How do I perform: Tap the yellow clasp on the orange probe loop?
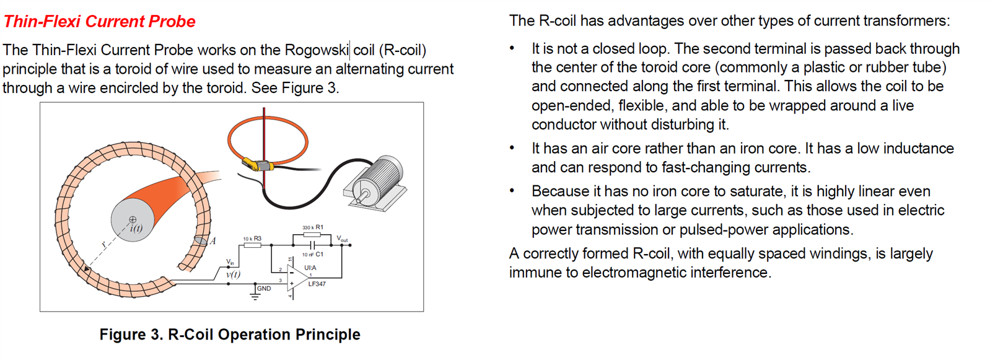pos(256,165)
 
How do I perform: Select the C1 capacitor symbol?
pos(313,245)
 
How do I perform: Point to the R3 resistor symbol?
pos(252,245)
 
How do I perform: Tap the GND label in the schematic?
pos(264,288)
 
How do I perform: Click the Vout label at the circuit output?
pos(342,239)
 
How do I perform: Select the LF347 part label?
pos(317,284)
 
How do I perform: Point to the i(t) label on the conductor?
pos(136,228)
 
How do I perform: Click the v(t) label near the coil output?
pos(233,274)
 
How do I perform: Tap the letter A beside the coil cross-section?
pos(212,241)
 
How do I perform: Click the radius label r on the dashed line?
pos(103,244)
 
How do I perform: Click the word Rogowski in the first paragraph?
pos(317,50)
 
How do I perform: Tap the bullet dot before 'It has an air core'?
pos(512,148)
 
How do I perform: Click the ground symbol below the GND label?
pos(255,297)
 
